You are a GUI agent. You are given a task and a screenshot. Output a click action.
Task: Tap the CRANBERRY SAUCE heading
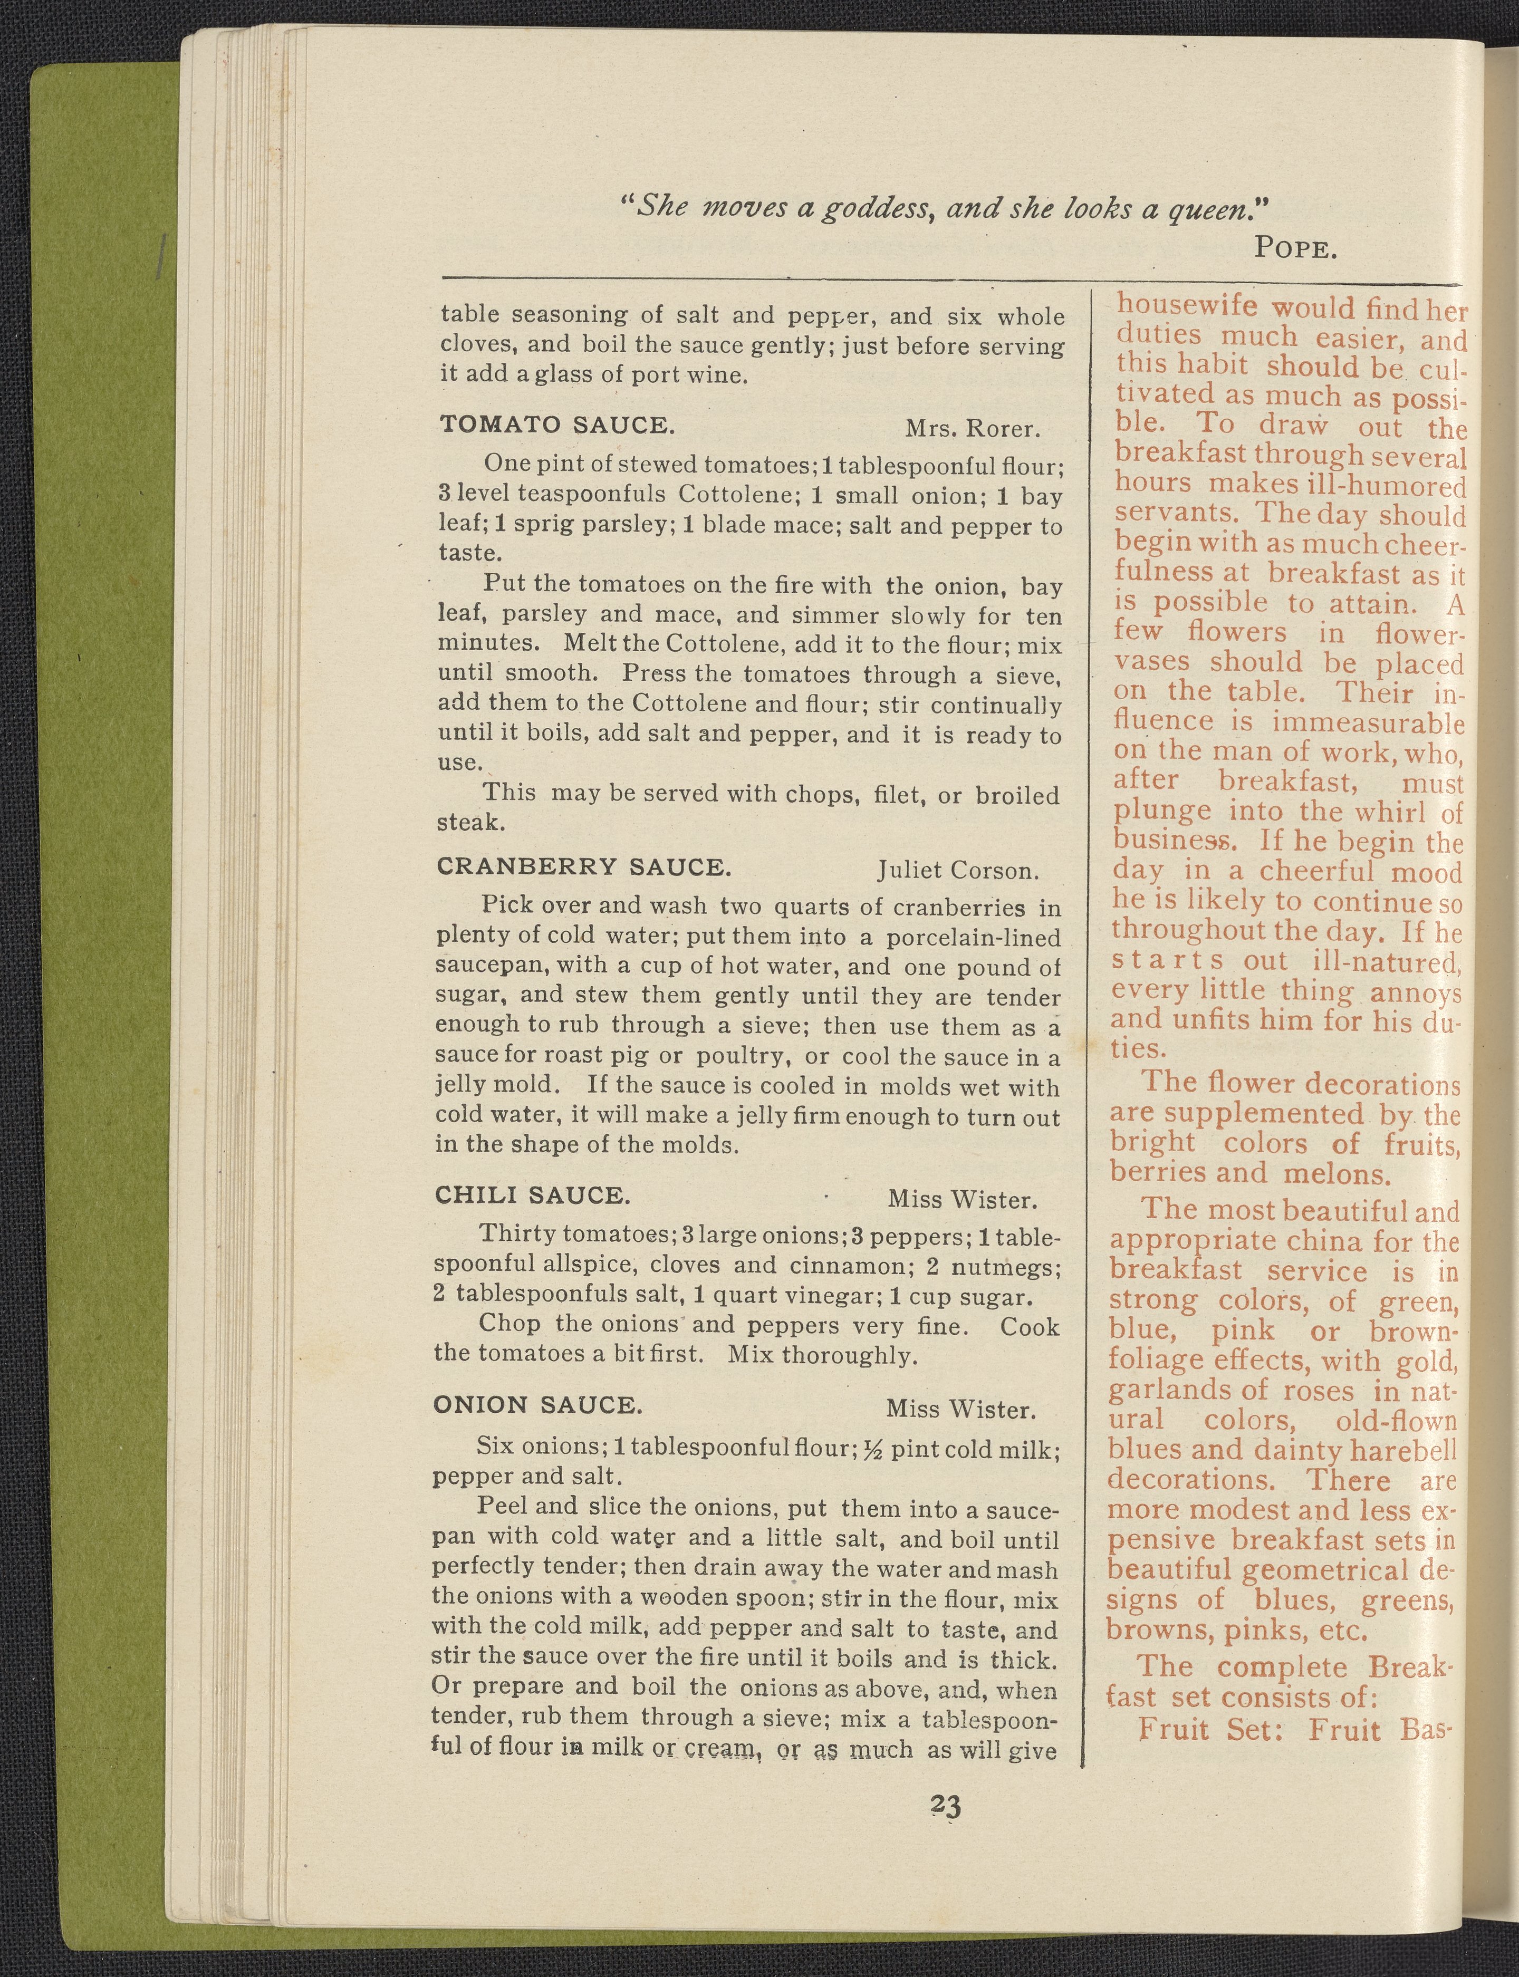pos(583,867)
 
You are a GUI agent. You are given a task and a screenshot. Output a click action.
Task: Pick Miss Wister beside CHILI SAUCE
pos(961,1200)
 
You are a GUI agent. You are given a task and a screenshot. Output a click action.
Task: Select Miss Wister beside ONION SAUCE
pos(960,1409)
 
